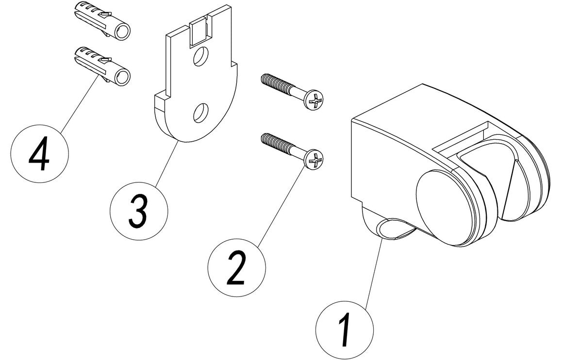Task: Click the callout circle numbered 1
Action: (x=345, y=329)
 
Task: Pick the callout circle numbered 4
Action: (x=39, y=152)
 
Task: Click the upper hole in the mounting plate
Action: (x=198, y=59)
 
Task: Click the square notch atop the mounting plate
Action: (x=198, y=30)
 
